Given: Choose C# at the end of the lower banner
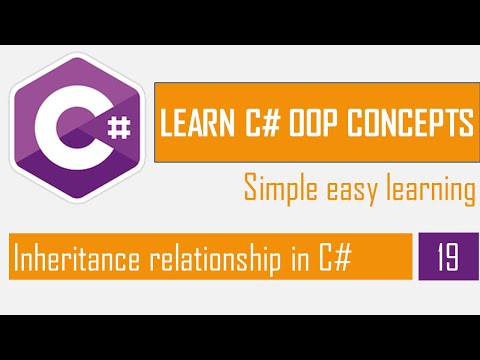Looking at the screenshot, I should click(336, 258).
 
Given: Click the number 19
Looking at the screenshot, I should click(447, 257).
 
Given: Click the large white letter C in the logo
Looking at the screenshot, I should click(71, 127).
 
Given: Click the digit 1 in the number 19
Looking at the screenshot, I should click(440, 257).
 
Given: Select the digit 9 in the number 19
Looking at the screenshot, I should click(452, 257).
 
